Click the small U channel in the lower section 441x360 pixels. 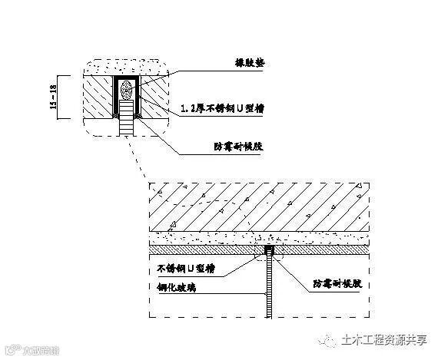tap(268, 251)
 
